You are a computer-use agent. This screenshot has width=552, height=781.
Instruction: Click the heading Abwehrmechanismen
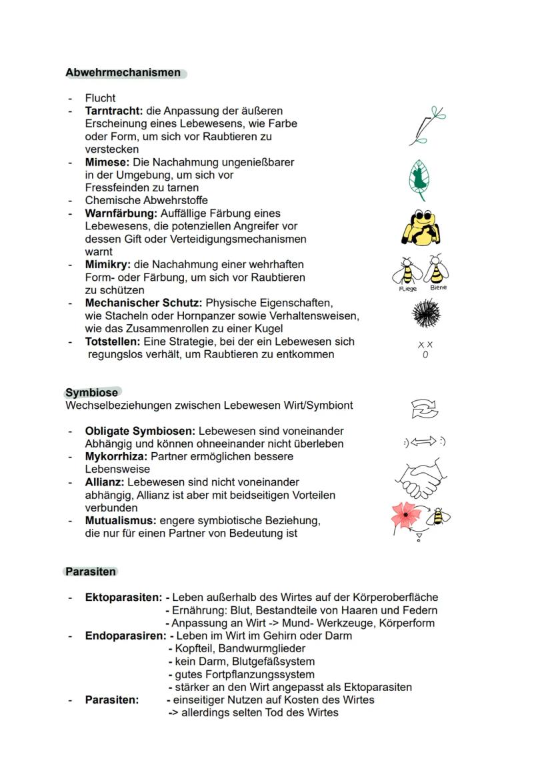123,73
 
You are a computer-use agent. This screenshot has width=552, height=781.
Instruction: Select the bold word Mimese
107,162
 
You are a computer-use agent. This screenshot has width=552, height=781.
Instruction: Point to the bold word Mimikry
107,265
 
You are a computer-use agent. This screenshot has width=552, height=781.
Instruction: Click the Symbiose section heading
91,393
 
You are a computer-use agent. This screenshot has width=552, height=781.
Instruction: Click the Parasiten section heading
91,572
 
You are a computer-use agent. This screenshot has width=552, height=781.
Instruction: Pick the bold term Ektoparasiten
123,598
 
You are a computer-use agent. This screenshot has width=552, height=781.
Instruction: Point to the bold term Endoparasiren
125,636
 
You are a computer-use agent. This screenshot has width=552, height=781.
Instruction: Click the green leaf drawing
418,179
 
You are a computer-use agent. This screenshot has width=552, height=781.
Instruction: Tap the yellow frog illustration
421,227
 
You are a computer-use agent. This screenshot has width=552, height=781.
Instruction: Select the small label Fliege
407,289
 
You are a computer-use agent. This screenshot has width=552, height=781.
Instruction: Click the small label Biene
438,287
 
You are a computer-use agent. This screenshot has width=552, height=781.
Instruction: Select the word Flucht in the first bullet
100,98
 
